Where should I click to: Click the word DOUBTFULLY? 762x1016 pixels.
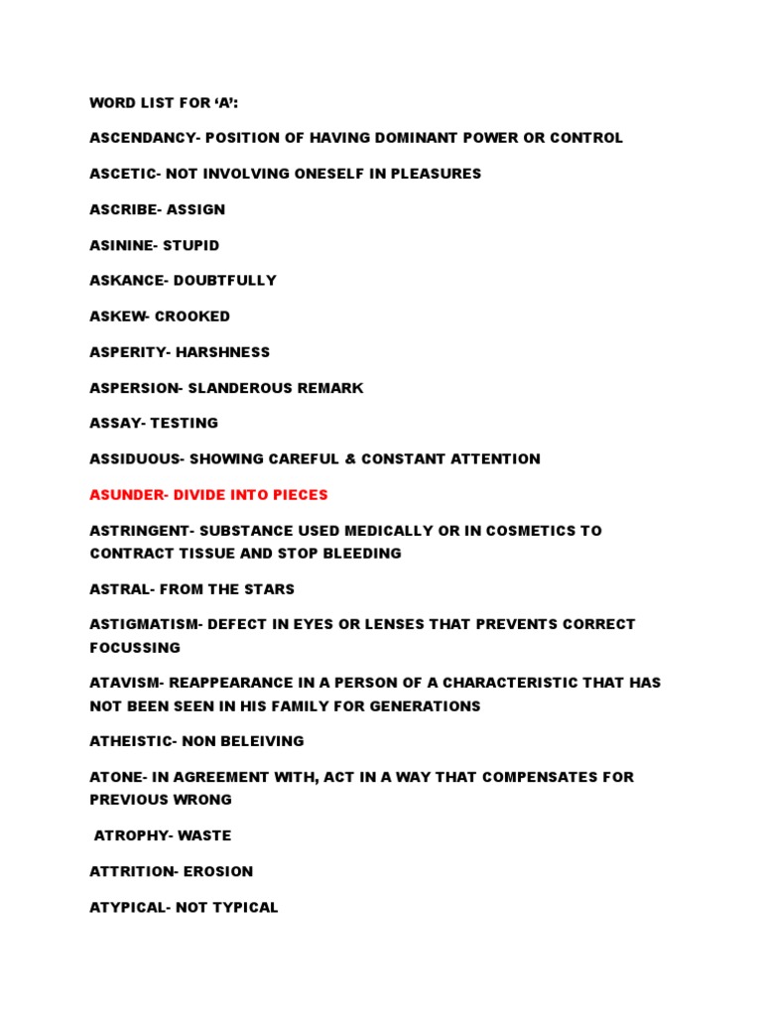click(x=225, y=281)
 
